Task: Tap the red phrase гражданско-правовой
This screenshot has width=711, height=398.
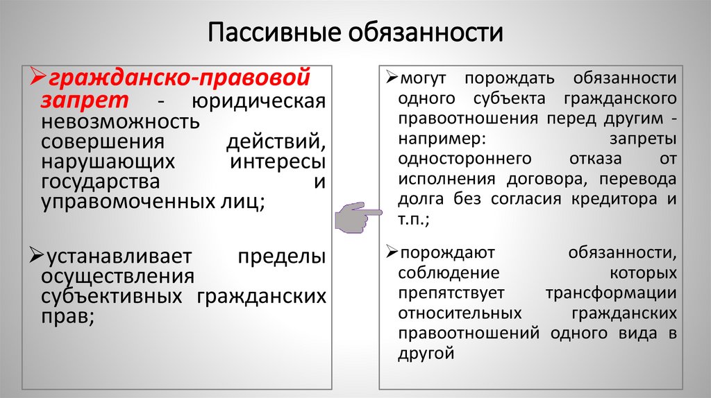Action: click(x=178, y=74)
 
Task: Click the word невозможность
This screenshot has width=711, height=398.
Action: click(x=119, y=122)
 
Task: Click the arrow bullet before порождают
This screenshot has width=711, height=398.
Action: click(x=392, y=252)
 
